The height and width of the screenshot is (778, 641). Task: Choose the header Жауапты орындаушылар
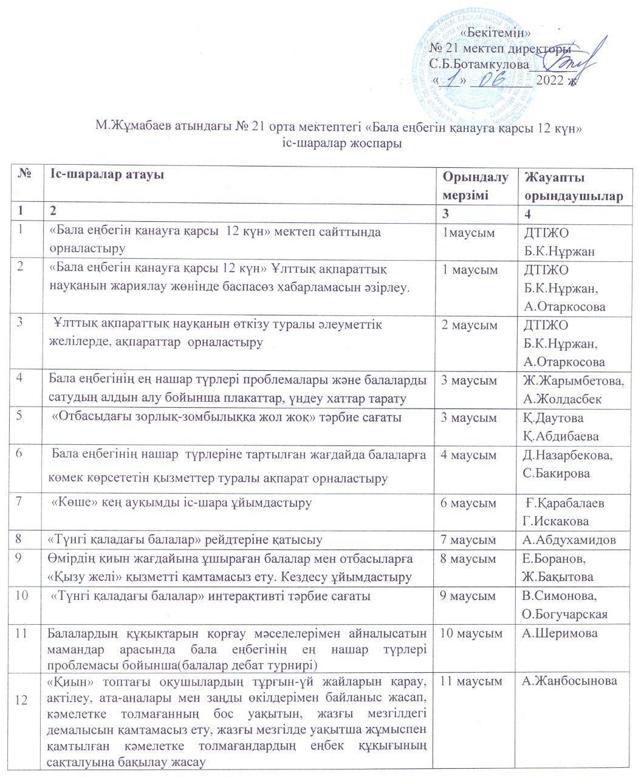574,186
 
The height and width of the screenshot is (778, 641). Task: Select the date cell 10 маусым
473,633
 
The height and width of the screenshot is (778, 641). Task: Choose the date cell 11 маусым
472,681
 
